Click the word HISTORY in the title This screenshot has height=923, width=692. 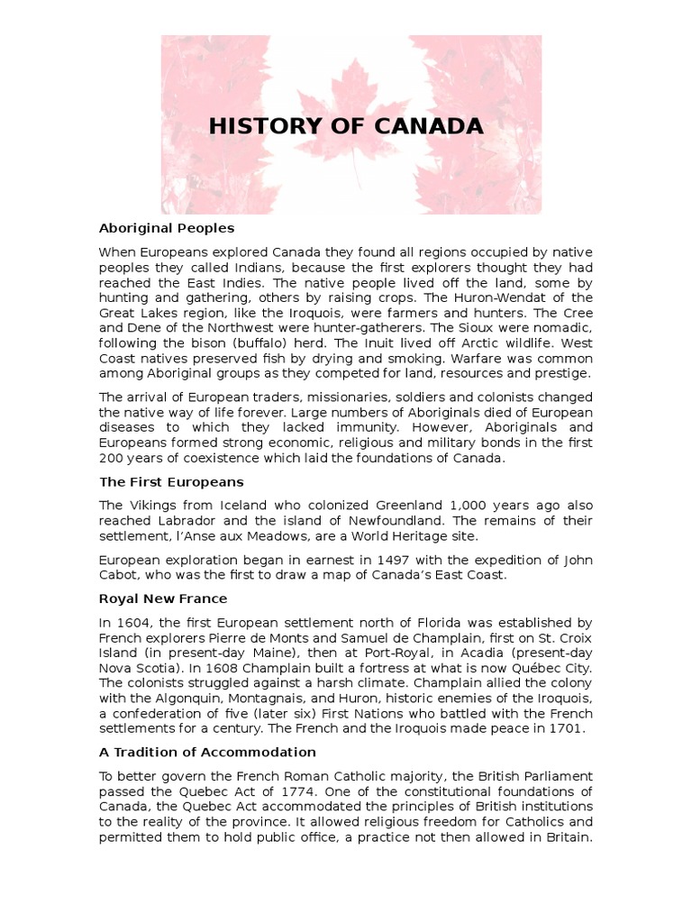point(259,126)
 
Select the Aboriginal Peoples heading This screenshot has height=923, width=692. point(167,228)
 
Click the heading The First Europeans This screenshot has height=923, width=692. point(171,482)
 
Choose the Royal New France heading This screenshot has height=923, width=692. point(163,599)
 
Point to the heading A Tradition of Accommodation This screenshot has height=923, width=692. point(207,752)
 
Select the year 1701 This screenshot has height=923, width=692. point(566,728)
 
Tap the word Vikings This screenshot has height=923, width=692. point(152,505)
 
